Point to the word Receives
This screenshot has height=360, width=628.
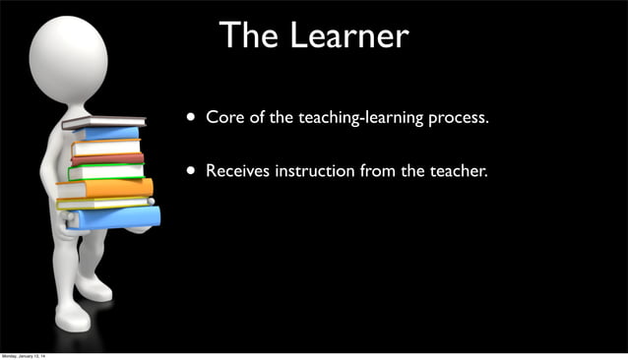[x=237, y=171]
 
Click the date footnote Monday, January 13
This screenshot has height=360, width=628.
[x=30, y=355]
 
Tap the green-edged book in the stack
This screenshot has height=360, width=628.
[x=105, y=172]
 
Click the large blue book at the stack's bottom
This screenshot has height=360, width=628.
[x=113, y=216]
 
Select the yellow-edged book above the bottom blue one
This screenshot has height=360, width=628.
[x=104, y=202]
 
